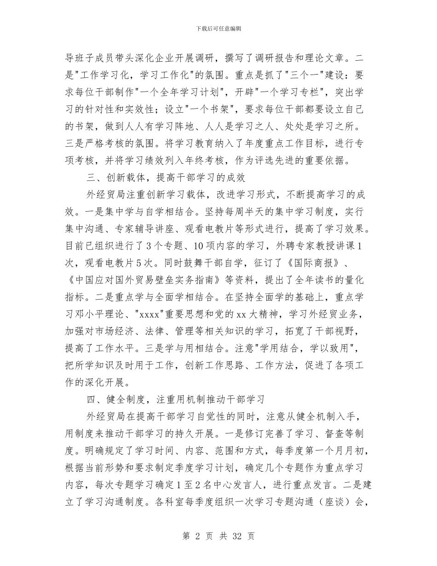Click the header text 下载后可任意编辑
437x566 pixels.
(x=218, y=29)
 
